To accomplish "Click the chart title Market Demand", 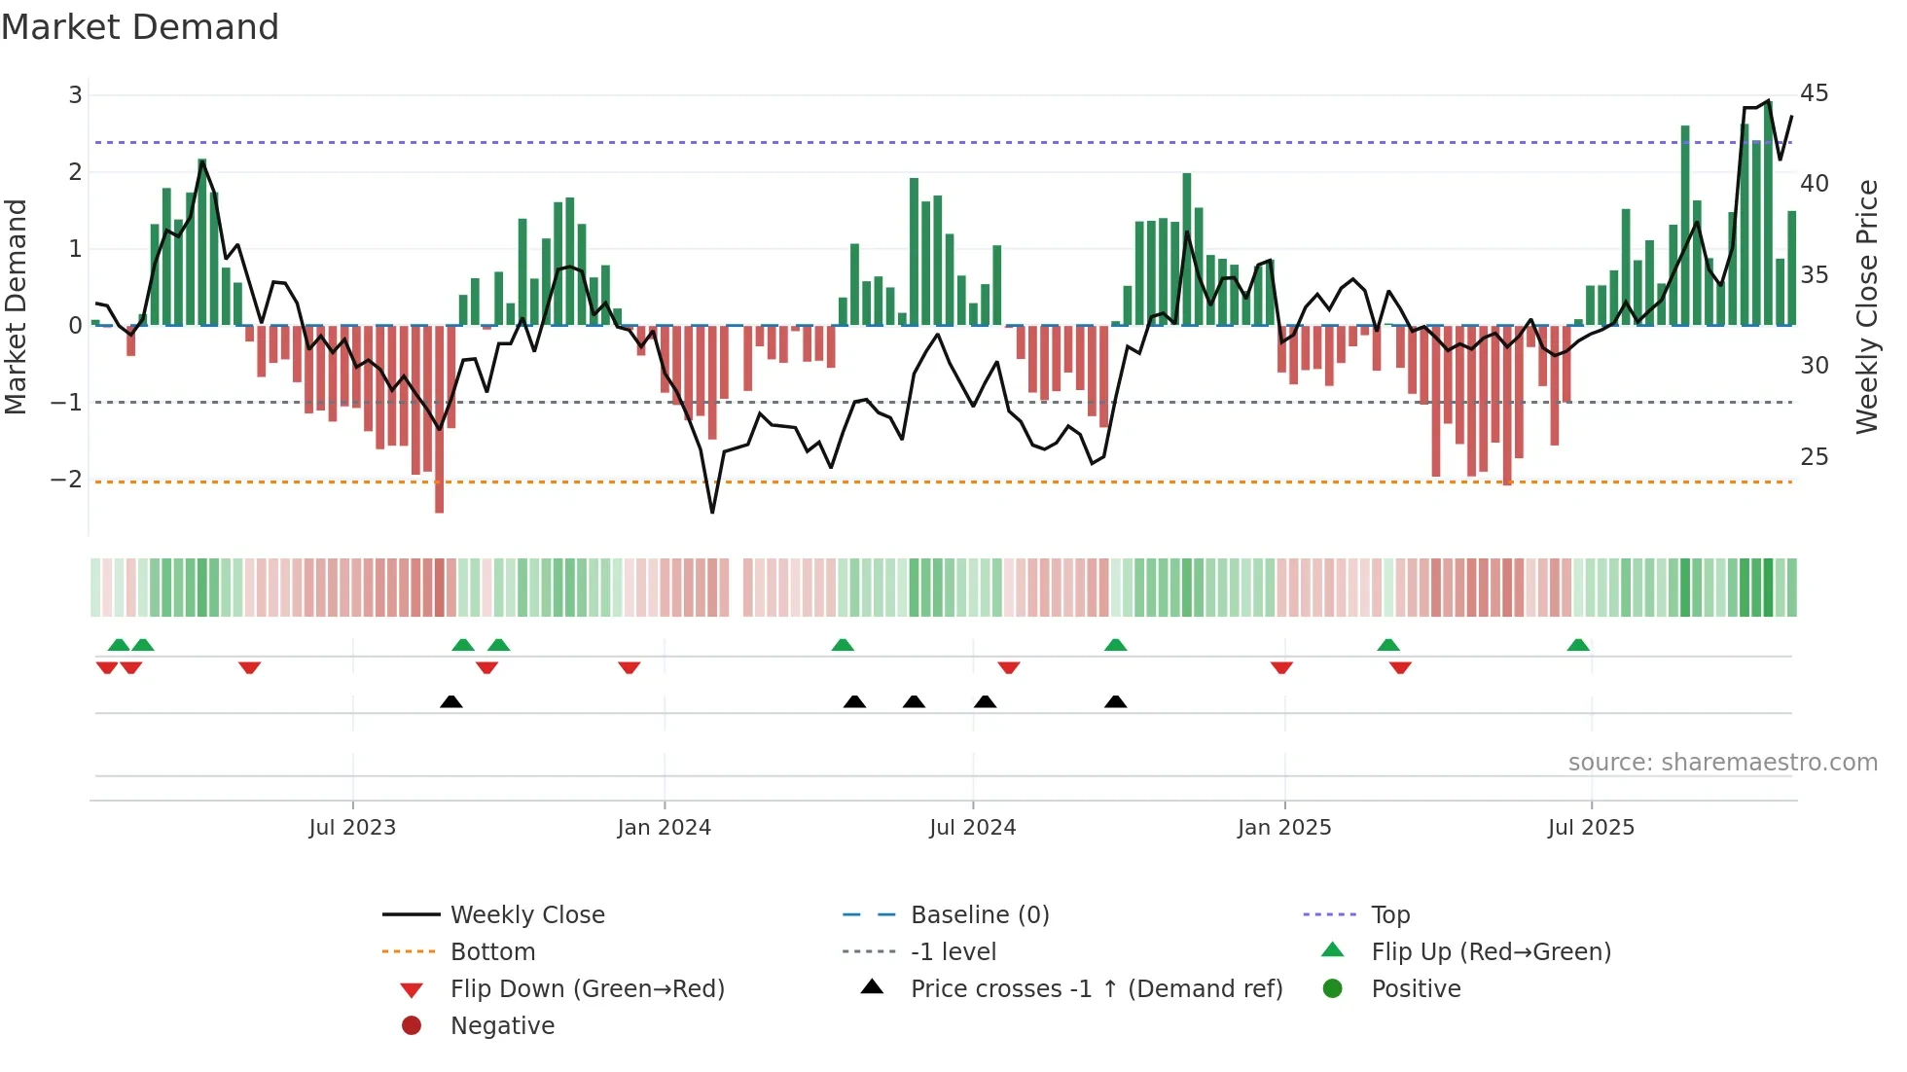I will pyautogui.click(x=140, y=27).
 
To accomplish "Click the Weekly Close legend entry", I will pyautogui.click(x=526, y=915).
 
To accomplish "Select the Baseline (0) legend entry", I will pyautogui.click(x=979, y=915).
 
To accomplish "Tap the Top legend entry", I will pyautogui.click(x=1389, y=915).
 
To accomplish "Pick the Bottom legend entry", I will pyautogui.click(x=492, y=952).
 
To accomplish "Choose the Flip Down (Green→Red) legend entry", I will pyautogui.click(x=587, y=989).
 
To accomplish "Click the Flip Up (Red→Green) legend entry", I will pyautogui.click(x=1491, y=952).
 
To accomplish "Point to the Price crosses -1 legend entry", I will pyautogui.click(x=1096, y=989).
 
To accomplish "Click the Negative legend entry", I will pyautogui.click(x=502, y=1026).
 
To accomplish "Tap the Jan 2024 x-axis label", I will pyautogui.click(x=664, y=828).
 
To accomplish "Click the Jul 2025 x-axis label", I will pyautogui.click(x=1591, y=828).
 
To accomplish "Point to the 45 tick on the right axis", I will pyautogui.click(x=1814, y=93).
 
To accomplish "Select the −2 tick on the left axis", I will pyautogui.click(x=66, y=480).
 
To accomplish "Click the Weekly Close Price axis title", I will pyautogui.click(x=1866, y=306).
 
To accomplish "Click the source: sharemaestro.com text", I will pyautogui.click(x=1722, y=763).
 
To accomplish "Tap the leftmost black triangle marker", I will pyautogui.click(x=450, y=701).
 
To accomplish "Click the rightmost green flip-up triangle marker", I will pyautogui.click(x=1577, y=645).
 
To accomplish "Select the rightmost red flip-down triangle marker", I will pyautogui.click(x=1400, y=667).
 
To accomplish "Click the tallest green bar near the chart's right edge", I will pyautogui.click(x=1768, y=214).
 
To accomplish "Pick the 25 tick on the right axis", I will pyautogui.click(x=1814, y=457).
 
